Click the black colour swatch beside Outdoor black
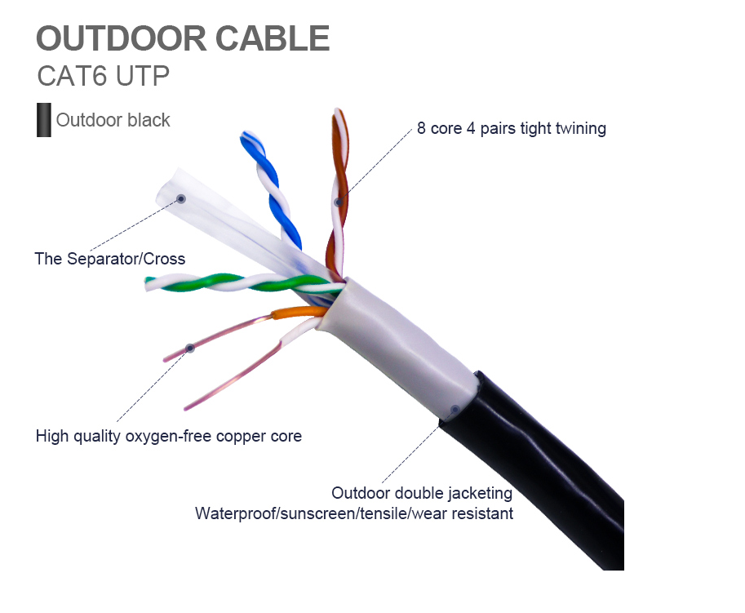[43, 120]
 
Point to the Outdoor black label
[113, 121]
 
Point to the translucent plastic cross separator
[212, 212]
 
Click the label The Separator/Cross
[109, 259]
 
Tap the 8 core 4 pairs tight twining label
[511, 128]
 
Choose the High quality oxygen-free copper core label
[168, 436]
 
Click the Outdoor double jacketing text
[421, 493]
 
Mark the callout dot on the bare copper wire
[189, 348]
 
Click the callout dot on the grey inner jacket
[455, 409]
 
